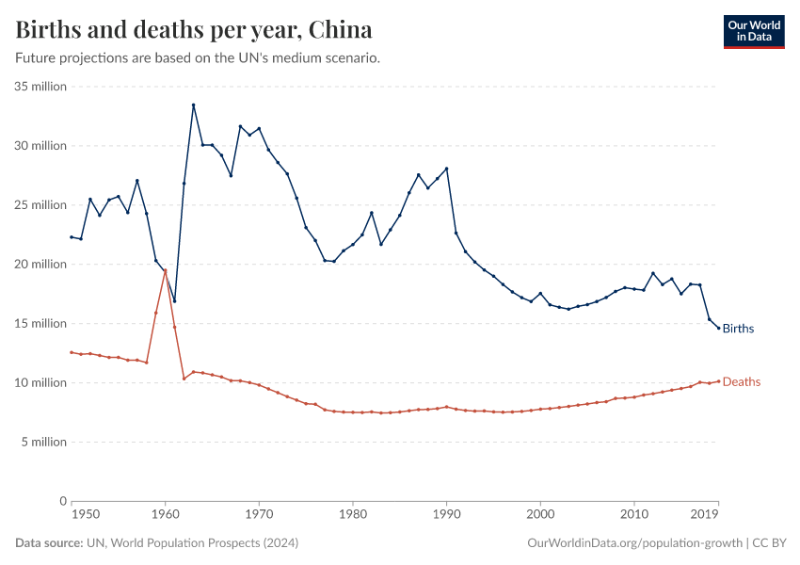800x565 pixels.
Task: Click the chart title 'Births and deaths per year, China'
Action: pyautogui.click(x=193, y=29)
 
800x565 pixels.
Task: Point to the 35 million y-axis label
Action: pyautogui.click(x=40, y=87)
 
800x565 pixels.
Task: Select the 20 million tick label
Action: pyautogui.click(x=40, y=265)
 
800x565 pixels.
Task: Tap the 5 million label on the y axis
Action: pyautogui.click(x=43, y=443)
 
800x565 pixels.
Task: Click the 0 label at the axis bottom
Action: pyautogui.click(x=62, y=501)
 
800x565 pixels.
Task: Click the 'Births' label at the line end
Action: pyautogui.click(x=739, y=329)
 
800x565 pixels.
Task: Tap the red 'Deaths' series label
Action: pyautogui.click(x=742, y=381)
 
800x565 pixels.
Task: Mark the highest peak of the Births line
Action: pyautogui.click(x=193, y=105)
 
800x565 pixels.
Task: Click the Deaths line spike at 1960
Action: pyautogui.click(x=165, y=270)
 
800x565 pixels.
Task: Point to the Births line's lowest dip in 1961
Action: pyautogui.click(x=174, y=301)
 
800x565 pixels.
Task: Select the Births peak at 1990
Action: pyautogui.click(x=446, y=169)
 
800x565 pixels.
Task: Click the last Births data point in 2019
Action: pyautogui.click(x=719, y=329)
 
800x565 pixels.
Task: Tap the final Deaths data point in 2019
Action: pyautogui.click(x=719, y=381)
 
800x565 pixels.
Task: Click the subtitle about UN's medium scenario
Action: pyautogui.click(x=198, y=58)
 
